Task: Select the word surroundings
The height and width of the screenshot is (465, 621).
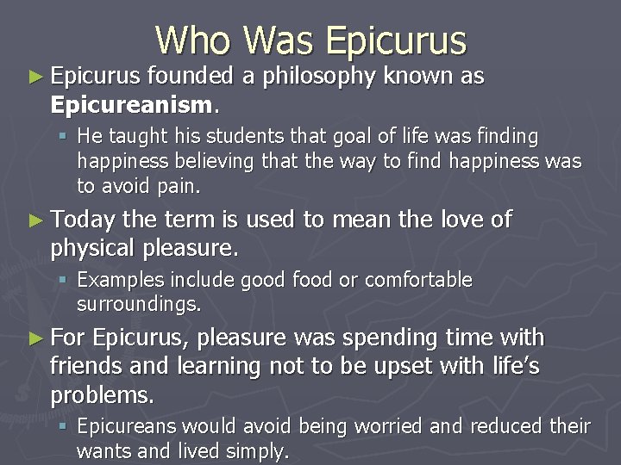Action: (138, 304)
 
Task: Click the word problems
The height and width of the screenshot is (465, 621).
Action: (102, 395)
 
